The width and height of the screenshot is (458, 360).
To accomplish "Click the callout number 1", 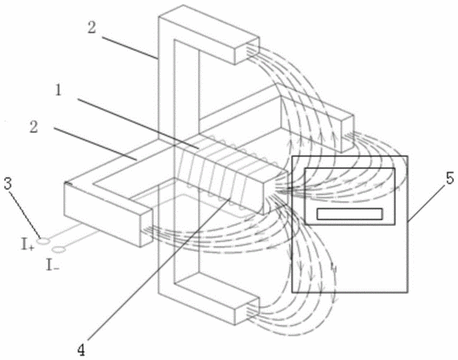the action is (x=58, y=91).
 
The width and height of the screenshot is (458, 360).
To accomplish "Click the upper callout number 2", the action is (x=91, y=28).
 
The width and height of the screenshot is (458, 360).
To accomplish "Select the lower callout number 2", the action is (x=34, y=127).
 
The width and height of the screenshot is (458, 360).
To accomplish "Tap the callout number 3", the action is (x=9, y=184).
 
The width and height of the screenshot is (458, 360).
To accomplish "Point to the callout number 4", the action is (x=82, y=350).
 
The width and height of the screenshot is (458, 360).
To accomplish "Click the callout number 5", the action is (x=450, y=178).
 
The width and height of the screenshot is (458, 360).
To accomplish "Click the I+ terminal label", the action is (x=28, y=245).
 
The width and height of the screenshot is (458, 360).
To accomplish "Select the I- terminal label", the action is (x=53, y=265).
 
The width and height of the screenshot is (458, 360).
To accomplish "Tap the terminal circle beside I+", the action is (x=43, y=241).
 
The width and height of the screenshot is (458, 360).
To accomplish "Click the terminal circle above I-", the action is (x=59, y=250).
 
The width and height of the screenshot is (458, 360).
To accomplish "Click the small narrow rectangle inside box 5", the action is (x=349, y=214).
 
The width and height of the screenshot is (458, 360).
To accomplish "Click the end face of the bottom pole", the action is (x=247, y=311).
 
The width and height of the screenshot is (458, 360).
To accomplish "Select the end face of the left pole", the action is (x=146, y=227).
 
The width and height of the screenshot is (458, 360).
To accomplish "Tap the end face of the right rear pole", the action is (x=348, y=134).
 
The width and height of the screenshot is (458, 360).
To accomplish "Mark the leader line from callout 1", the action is (x=138, y=124).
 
